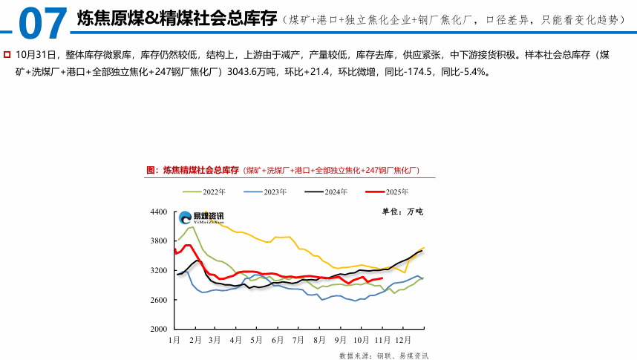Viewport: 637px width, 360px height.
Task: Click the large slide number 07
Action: point(41,22)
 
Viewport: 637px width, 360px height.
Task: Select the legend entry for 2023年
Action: point(272,192)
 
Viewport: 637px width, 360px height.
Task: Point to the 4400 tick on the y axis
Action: point(159,212)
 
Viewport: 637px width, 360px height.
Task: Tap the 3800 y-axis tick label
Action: point(159,241)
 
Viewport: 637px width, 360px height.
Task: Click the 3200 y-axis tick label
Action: point(159,270)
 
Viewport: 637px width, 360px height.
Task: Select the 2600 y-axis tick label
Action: point(159,300)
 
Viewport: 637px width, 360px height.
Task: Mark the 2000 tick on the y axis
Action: point(159,329)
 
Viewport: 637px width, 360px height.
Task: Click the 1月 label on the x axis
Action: point(174,339)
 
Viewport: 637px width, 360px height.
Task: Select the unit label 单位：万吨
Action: point(402,212)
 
